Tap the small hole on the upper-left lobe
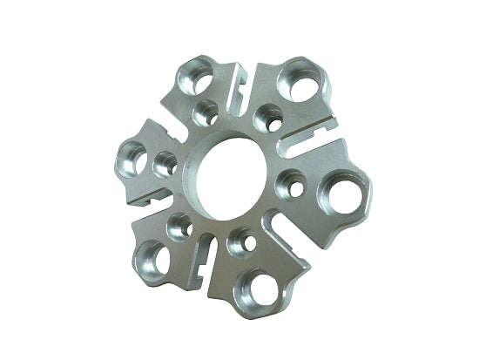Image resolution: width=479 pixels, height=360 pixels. [207, 111]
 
